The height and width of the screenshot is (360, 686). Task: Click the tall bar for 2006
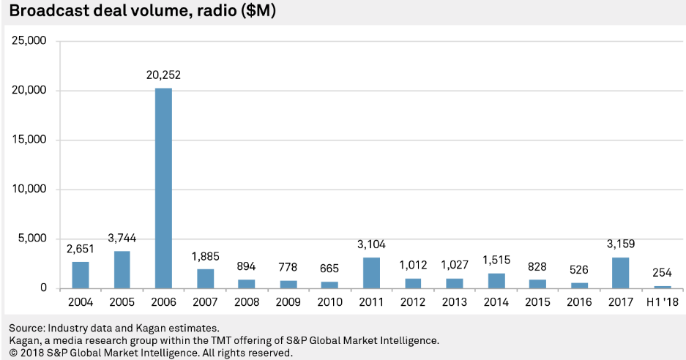point(163,188)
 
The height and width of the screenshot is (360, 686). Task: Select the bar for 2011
point(371,272)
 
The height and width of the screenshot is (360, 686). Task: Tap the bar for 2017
point(620,272)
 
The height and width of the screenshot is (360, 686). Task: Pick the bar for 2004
point(81,274)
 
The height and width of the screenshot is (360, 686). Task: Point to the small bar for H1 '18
point(662,286)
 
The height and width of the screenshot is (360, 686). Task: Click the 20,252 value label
point(163,75)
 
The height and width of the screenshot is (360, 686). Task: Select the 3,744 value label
point(122,238)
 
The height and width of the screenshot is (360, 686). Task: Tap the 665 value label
point(329,269)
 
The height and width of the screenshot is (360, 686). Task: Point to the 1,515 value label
point(496,260)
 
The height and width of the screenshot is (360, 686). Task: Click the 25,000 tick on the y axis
point(30,41)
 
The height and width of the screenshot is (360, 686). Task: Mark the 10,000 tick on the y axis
point(30,190)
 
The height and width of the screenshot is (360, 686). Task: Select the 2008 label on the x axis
point(247,302)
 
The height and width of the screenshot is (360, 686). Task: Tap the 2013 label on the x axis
point(454,302)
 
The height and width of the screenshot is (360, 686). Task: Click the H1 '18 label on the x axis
point(662,302)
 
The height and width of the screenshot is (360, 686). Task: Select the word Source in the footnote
point(25,329)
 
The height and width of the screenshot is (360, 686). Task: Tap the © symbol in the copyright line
point(12,353)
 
